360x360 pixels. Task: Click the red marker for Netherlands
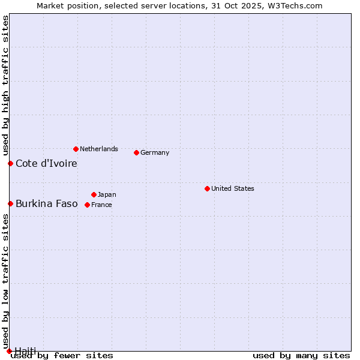[x=76, y=149]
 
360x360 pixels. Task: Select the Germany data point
[x=136, y=152]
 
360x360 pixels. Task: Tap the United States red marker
[x=207, y=188]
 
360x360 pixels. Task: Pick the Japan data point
[x=94, y=194]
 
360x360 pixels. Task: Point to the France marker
[x=87, y=205]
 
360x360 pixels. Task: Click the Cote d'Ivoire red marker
[x=10, y=163]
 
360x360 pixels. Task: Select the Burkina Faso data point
[x=10, y=203]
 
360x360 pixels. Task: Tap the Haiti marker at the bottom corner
[x=9, y=351]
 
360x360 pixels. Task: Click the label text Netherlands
[x=99, y=149]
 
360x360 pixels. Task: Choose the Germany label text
[x=155, y=152]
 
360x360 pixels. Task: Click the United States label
[x=233, y=188]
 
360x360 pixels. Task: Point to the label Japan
[x=107, y=194]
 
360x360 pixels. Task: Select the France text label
[x=101, y=205]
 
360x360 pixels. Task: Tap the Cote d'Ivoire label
[x=46, y=163]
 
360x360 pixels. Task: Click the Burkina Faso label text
[x=47, y=203]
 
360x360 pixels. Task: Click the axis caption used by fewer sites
[x=62, y=355]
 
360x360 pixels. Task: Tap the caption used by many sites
[x=301, y=355]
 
